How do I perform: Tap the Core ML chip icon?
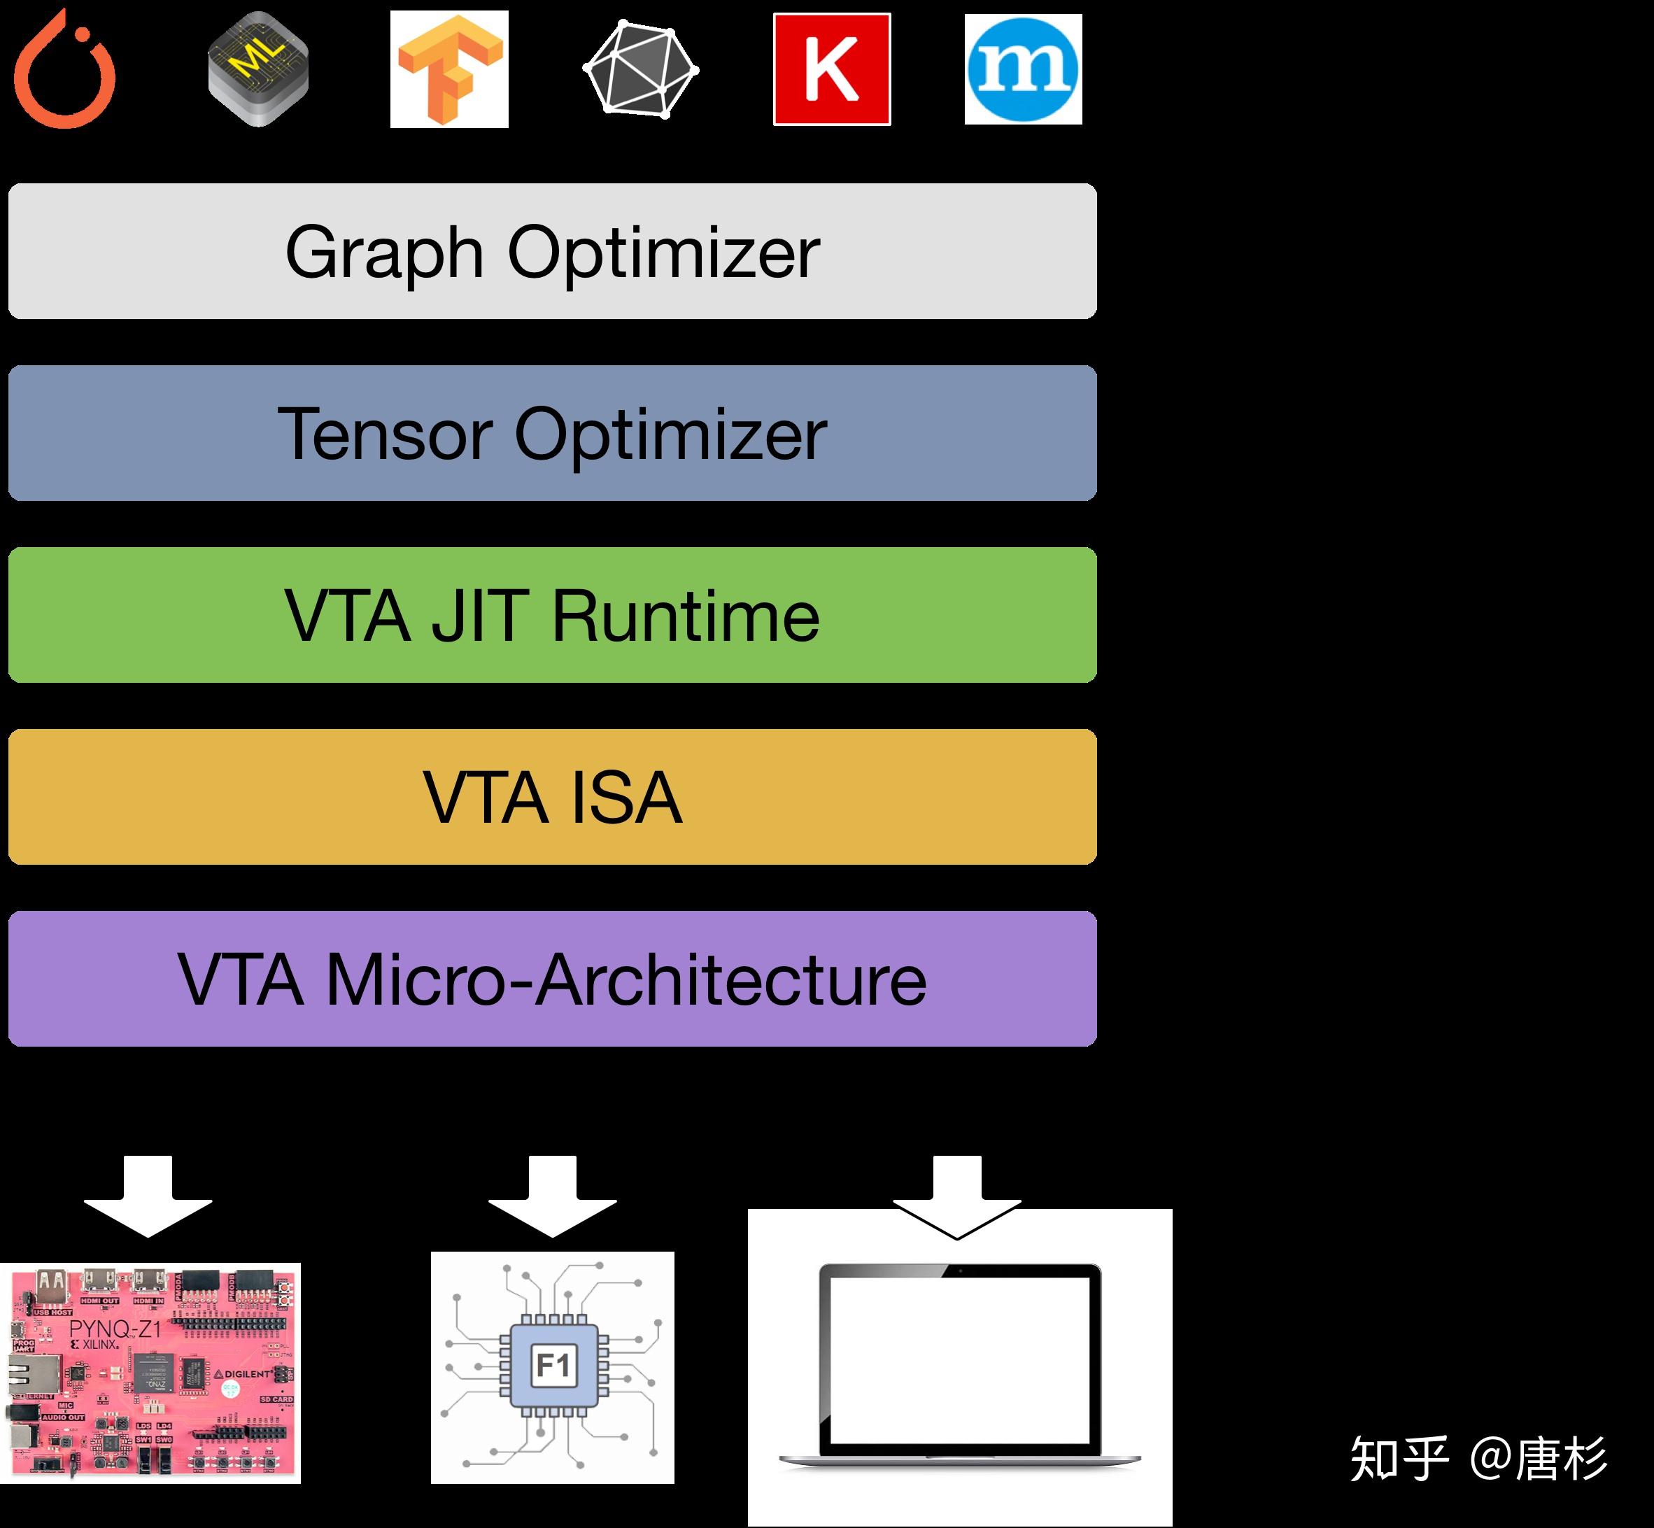tap(258, 69)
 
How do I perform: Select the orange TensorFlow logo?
tap(449, 69)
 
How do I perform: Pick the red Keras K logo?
tap(832, 69)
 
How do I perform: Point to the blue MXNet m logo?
tap(1023, 69)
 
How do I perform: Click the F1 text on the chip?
tap(553, 1365)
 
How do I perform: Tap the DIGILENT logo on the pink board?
tap(246, 1373)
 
